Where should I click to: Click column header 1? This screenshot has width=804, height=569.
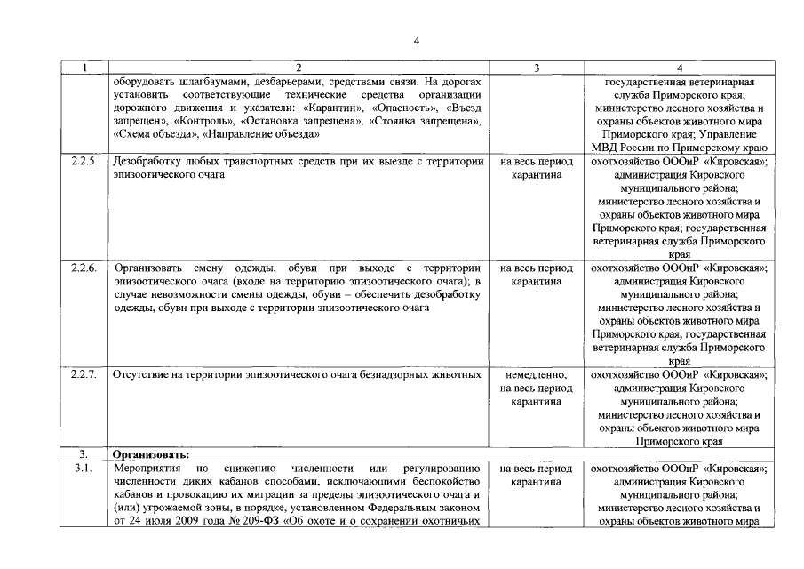pyautogui.click(x=84, y=68)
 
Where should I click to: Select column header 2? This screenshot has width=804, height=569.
pyautogui.click(x=299, y=68)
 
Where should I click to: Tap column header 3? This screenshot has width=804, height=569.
pyautogui.click(x=537, y=68)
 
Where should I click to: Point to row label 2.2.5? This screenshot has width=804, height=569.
pyautogui.click(x=84, y=163)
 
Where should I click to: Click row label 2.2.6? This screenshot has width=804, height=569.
pyautogui.click(x=84, y=268)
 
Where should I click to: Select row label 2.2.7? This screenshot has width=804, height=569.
pyautogui.click(x=84, y=375)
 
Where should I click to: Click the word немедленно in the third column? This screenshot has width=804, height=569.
pyautogui.click(x=536, y=375)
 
